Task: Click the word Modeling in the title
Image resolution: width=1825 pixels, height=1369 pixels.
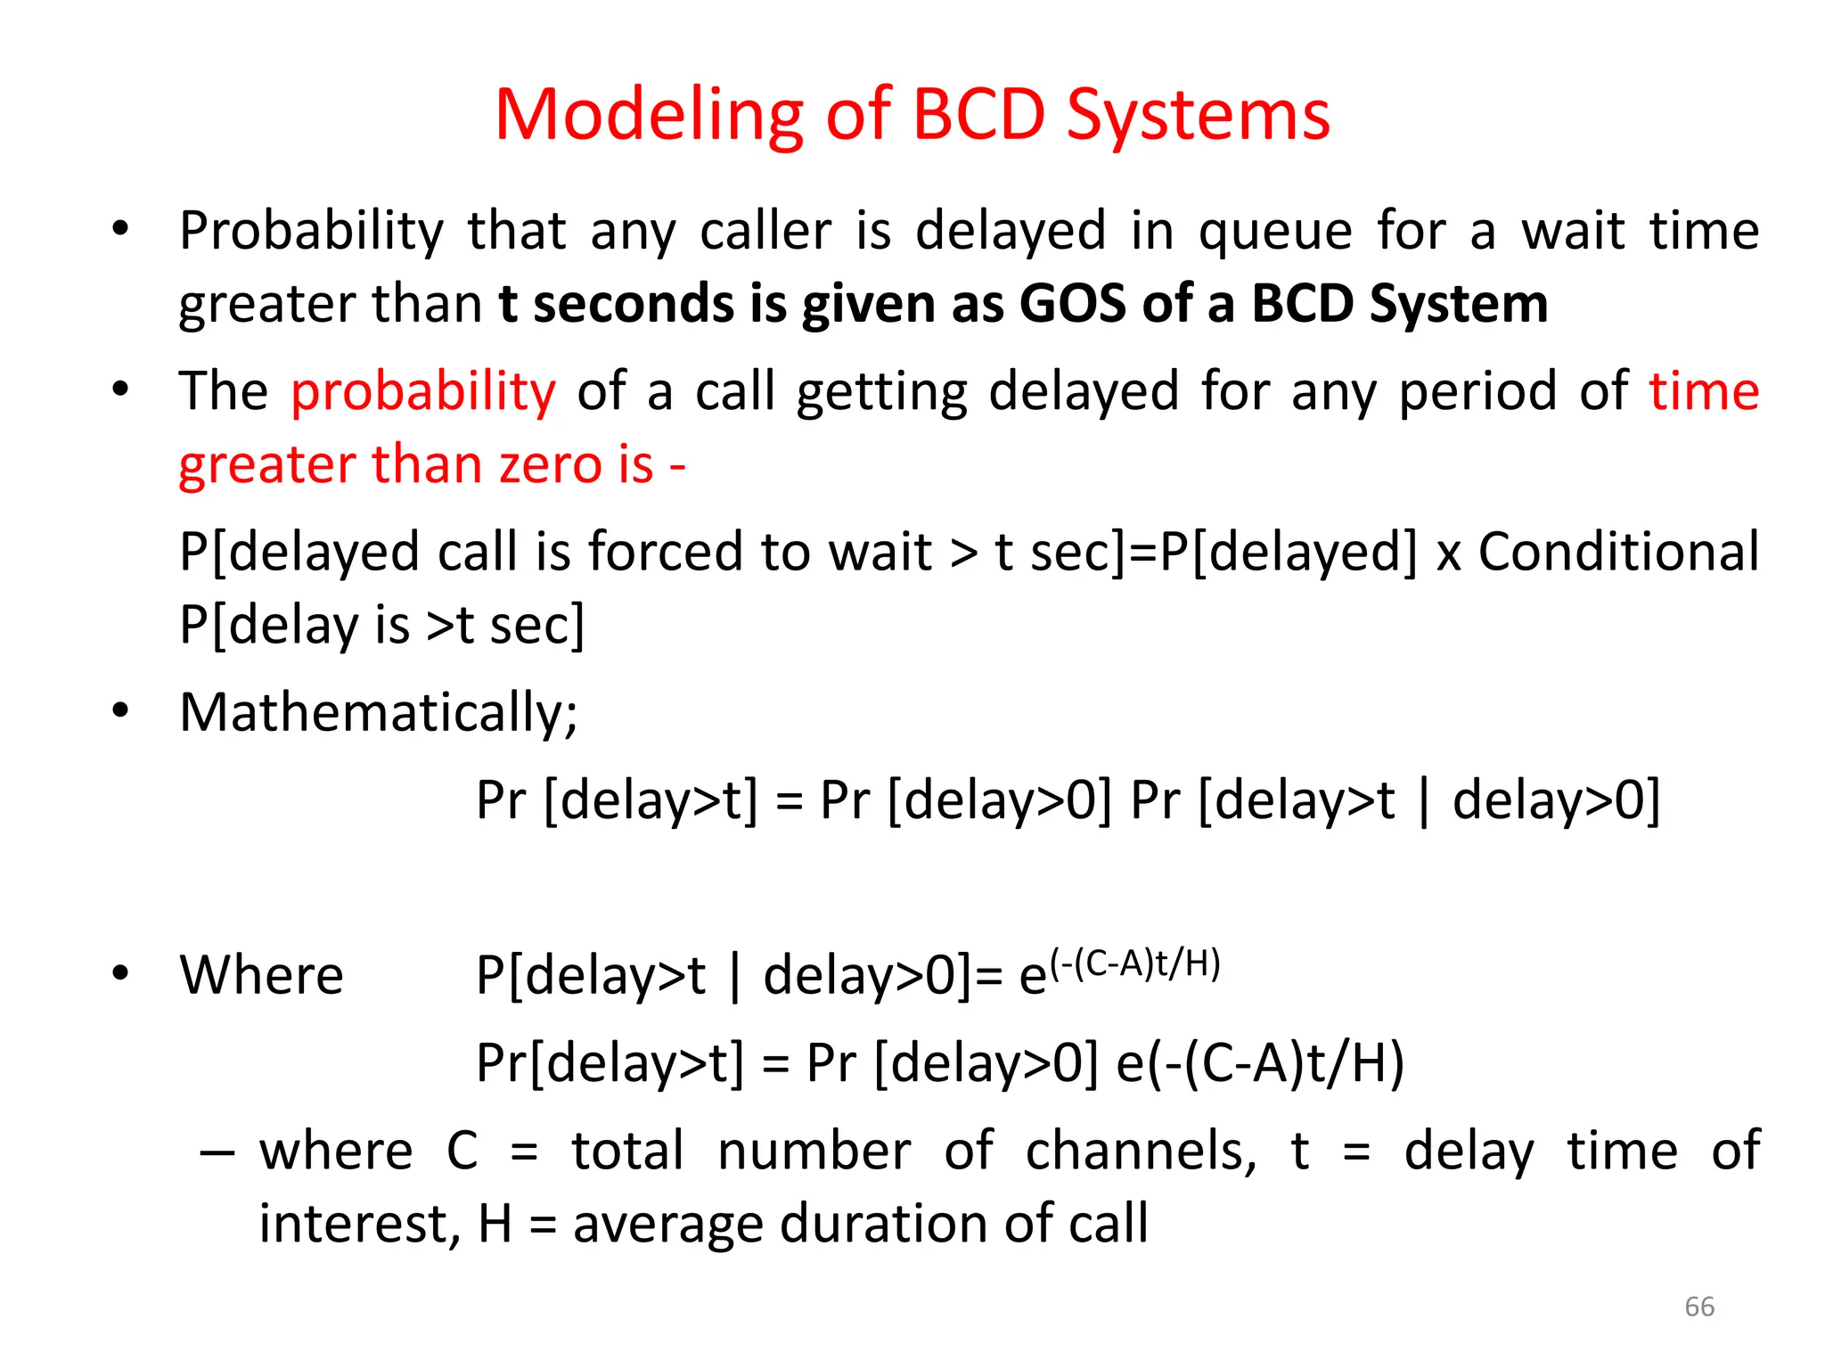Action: (649, 116)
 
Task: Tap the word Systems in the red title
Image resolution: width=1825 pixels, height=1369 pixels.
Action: (1198, 116)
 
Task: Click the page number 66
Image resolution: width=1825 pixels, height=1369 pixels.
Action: (1699, 1307)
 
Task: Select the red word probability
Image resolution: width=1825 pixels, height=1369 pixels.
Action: (423, 392)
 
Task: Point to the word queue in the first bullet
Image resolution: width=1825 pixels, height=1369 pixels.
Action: (1275, 232)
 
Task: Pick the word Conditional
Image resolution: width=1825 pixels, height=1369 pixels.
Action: (1618, 552)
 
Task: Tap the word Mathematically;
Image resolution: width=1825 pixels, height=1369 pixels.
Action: (379, 713)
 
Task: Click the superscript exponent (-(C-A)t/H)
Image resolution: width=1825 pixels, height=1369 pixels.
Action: (1134, 964)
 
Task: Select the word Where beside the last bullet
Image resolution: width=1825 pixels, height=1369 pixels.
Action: (261, 975)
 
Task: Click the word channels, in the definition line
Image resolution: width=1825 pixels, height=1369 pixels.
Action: (1141, 1152)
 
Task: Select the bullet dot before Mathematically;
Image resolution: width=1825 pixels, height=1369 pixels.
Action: (120, 711)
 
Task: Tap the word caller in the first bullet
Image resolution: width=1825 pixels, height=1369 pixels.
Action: (765, 232)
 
